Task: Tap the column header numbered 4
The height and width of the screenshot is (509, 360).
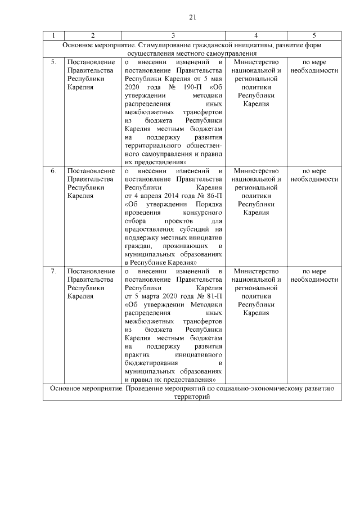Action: click(256, 35)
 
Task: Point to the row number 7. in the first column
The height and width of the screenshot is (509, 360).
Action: click(53, 271)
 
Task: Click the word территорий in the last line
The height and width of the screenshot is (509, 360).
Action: click(192, 397)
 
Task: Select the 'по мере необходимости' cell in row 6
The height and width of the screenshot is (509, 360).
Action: click(314, 175)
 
